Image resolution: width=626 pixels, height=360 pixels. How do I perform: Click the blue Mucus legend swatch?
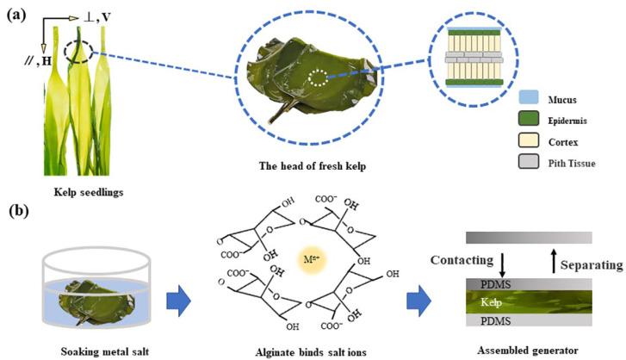click(529, 97)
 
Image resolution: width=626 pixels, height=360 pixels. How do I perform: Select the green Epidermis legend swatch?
click(529, 119)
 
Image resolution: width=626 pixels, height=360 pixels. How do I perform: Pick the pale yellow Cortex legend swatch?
click(529, 140)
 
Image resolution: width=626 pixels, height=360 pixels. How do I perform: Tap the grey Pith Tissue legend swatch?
click(529, 162)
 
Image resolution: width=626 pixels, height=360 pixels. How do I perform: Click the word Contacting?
click(462, 260)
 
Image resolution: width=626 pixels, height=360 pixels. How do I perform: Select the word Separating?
click(592, 265)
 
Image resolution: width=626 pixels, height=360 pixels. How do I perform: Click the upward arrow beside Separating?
click(554, 261)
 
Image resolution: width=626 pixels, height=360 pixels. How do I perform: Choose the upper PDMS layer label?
click(495, 284)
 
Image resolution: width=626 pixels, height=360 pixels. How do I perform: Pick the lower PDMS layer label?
click(495, 321)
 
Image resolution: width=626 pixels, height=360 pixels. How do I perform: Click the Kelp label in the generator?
click(491, 302)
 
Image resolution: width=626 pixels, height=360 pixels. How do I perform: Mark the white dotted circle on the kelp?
click(319, 78)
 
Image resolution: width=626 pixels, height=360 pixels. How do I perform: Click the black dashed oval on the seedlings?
click(78, 52)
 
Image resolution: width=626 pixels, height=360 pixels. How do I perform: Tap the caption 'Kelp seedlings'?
click(89, 192)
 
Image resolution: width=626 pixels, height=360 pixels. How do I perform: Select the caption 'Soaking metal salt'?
click(104, 351)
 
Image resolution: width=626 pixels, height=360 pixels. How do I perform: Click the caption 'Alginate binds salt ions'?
click(311, 352)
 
